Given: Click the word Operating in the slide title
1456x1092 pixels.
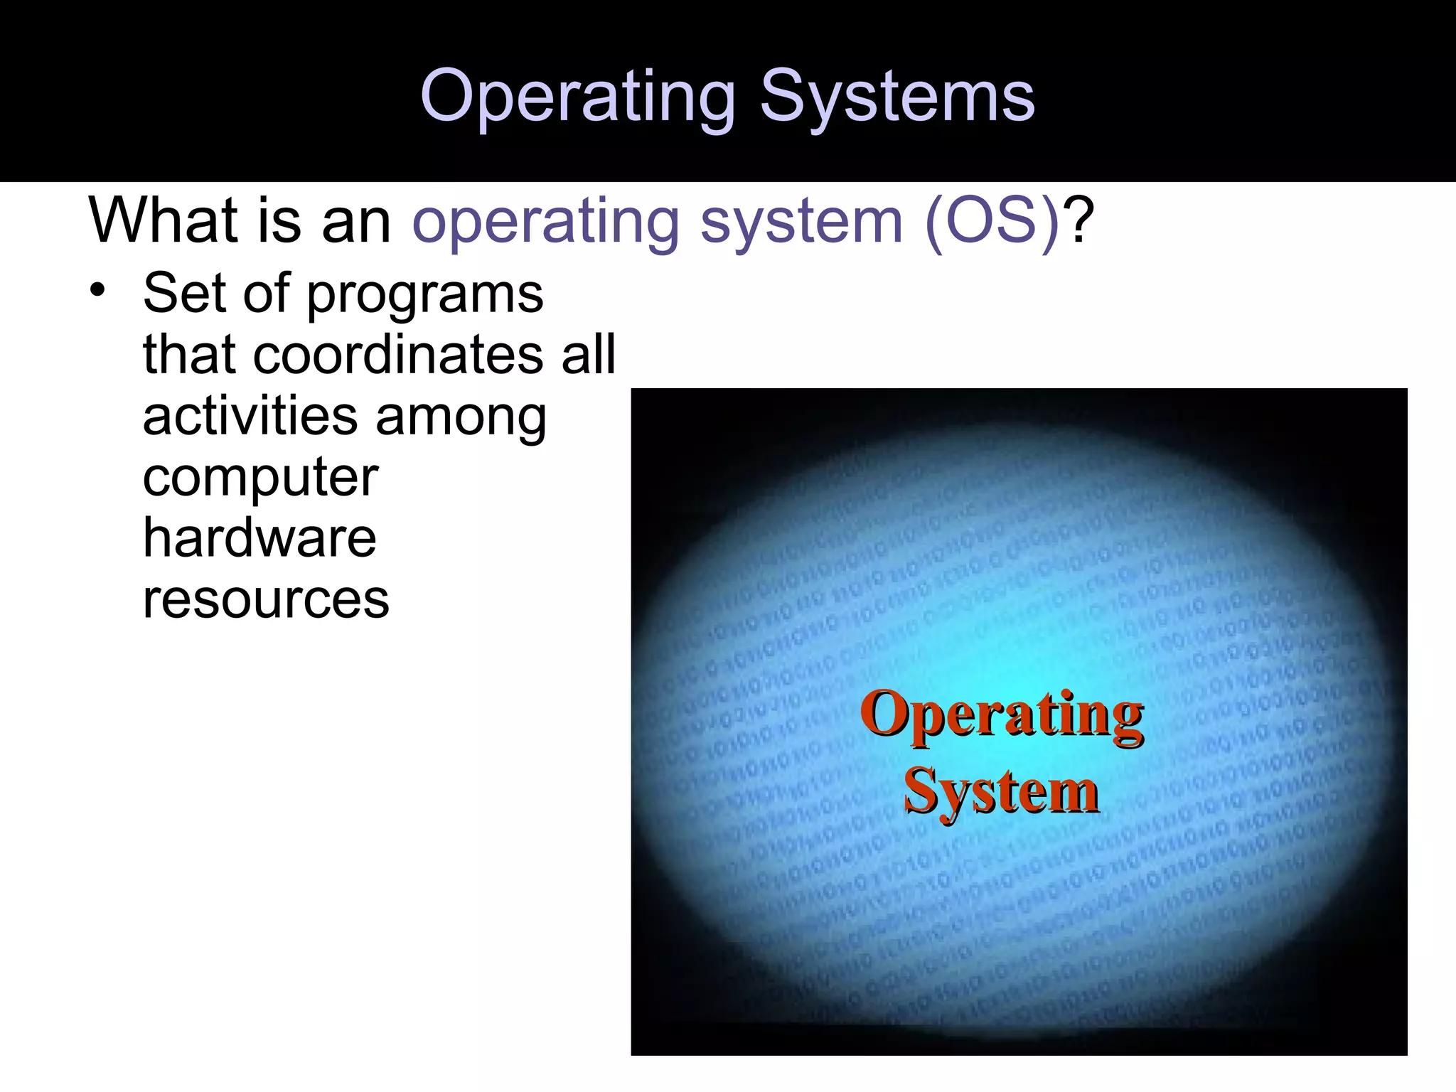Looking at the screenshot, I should coord(577,98).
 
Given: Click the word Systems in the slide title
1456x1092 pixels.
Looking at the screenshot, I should coord(897,98).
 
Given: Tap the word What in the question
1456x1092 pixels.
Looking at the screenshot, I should coord(163,220).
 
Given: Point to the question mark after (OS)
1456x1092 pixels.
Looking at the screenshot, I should coord(1079,220).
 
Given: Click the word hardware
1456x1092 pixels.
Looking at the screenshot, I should coord(259,538).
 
